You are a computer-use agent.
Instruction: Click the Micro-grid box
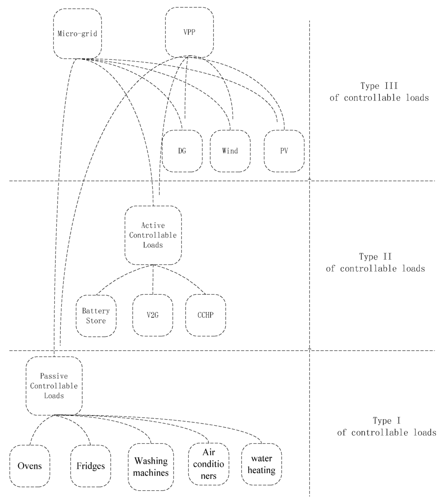click(78, 34)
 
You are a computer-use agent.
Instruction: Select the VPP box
click(189, 32)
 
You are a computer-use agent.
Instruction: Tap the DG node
click(182, 151)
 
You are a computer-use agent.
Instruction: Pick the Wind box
click(230, 151)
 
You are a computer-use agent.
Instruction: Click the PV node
click(284, 151)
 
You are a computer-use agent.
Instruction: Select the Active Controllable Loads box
click(153, 235)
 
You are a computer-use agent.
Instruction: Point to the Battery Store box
click(96, 316)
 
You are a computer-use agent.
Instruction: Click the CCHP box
click(205, 315)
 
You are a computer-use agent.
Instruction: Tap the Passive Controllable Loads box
click(54, 386)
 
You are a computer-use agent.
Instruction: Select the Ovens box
click(30, 466)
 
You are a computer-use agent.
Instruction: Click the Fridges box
click(90, 466)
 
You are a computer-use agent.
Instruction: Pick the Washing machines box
click(150, 467)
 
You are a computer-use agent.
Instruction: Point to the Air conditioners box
click(208, 464)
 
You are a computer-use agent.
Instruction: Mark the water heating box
click(261, 464)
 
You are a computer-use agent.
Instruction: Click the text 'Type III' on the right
click(379, 86)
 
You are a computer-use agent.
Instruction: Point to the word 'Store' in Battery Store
click(96, 321)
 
